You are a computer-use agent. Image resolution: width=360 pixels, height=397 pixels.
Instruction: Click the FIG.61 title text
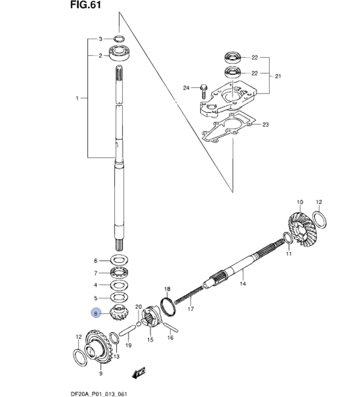tap(86, 5)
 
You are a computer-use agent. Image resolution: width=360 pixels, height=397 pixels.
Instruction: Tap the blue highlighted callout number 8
tap(96, 313)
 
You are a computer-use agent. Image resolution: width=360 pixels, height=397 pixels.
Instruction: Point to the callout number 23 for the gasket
tap(265, 125)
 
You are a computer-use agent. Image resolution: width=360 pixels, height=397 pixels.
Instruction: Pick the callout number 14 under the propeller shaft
tap(242, 284)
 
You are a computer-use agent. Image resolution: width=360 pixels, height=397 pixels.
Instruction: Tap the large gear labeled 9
tap(99, 348)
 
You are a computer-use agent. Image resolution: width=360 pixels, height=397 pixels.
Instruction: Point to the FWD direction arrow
tap(138, 373)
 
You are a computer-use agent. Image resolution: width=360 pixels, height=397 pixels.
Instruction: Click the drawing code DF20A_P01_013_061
tap(99, 394)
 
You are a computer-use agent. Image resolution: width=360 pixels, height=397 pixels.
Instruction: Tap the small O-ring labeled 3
tap(119, 38)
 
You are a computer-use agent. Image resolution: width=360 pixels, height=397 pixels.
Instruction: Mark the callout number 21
tap(278, 76)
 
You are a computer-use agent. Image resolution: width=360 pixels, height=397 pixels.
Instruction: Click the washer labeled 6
tap(118, 260)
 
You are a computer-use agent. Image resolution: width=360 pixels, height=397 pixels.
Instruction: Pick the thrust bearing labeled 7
tap(118, 273)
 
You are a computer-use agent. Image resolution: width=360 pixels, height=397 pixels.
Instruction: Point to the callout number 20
tap(139, 307)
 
